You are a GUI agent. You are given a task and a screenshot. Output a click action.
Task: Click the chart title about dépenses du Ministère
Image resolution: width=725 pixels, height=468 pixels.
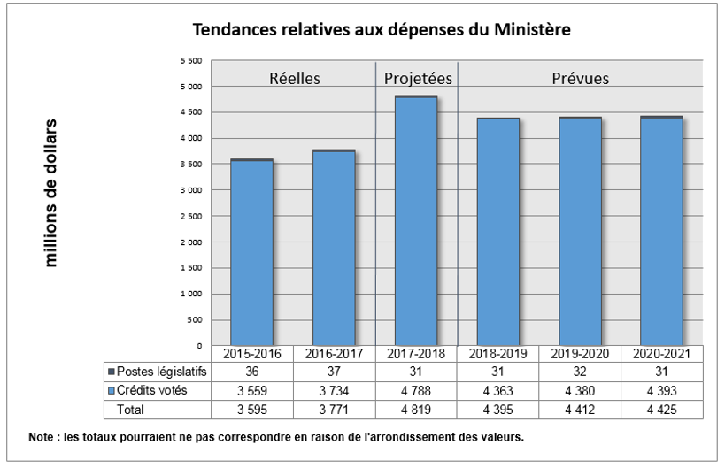(382, 29)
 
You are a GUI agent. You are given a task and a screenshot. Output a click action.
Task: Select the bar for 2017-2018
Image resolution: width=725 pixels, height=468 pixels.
(416, 221)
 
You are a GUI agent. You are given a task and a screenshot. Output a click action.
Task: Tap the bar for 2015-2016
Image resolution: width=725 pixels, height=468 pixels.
(251, 252)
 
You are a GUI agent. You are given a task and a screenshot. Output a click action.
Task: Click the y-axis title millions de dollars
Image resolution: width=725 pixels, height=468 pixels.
(51, 193)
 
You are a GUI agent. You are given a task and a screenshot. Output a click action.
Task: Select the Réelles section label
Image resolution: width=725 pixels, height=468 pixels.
(295, 78)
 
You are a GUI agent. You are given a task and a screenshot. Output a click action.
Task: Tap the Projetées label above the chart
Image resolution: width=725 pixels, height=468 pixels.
(418, 78)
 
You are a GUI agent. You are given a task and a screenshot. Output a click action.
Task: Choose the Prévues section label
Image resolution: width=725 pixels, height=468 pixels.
(581, 78)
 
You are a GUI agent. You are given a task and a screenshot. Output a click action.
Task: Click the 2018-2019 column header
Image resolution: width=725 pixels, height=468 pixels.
(498, 353)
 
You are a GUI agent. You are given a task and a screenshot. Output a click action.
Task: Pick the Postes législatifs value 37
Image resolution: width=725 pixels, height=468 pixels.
(335, 372)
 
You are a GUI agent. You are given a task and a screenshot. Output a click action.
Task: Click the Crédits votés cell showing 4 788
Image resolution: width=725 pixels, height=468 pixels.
(416, 390)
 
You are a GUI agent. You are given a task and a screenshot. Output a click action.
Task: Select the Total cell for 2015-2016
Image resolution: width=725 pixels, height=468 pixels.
(252, 409)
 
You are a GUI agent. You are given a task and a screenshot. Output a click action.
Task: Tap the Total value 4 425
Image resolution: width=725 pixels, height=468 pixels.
(662, 409)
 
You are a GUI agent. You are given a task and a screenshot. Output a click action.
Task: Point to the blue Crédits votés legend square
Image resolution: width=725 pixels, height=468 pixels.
(111, 390)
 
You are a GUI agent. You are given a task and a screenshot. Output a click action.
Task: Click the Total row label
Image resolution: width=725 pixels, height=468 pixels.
(130, 409)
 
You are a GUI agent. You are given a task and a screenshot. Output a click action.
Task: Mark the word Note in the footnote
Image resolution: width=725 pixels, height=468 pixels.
(42, 436)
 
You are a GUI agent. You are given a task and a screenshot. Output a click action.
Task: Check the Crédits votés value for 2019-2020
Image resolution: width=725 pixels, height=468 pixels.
(581, 390)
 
